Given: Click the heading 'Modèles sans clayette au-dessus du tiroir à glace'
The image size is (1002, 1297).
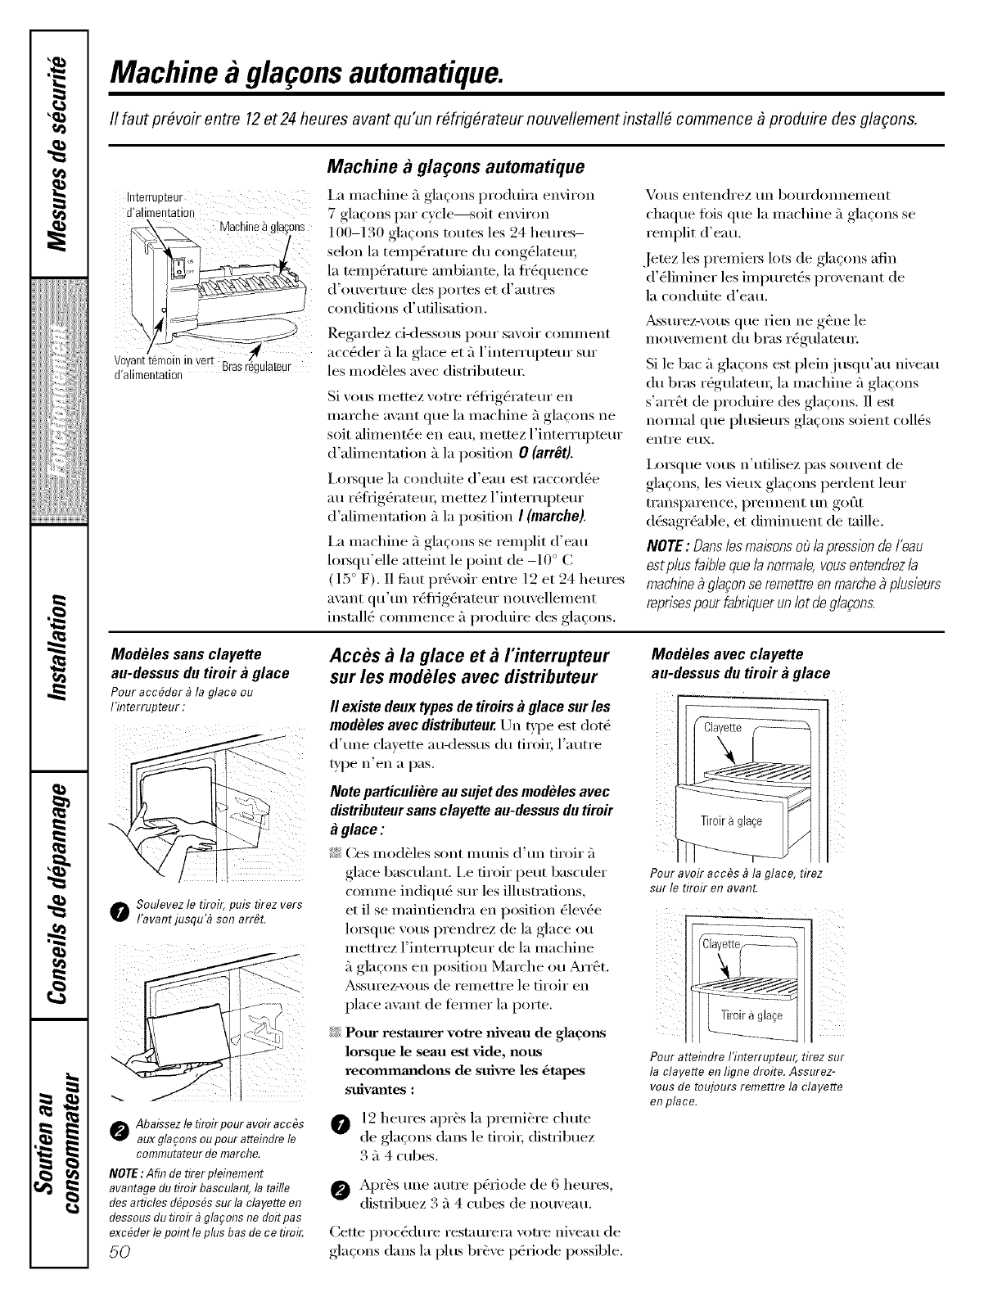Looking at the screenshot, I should pyautogui.click(x=200, y=664).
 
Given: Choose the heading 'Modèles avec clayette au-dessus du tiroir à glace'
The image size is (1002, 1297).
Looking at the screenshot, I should pyautogui.click(x=739, y=664).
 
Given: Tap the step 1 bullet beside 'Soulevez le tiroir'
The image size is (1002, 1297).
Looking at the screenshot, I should pyautogui.click(x=120, y=912).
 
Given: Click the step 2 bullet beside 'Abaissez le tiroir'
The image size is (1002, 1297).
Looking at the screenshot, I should pyautogui.click(x=120, y=1131).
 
